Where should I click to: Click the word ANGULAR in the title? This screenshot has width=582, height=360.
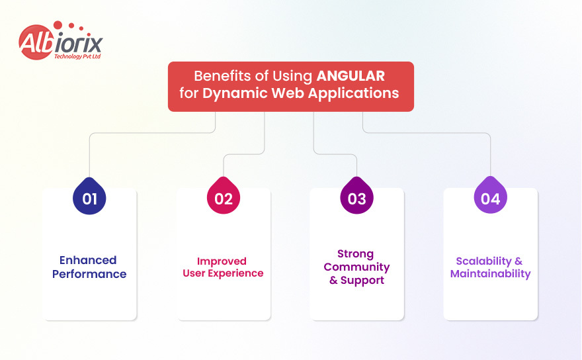pyautogui.click(x=351, y=75)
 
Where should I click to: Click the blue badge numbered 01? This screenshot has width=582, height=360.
pyautogui.click(x=90, y=198)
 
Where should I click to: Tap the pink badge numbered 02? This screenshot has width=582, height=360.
pyautogui.click(x=224, y=198)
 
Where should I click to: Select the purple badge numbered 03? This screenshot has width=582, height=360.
pyautogui.click(x=357, y=198)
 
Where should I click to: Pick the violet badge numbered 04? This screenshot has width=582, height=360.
pyautogui.click(x=491, y=198)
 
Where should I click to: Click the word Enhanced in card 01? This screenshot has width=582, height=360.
pyautogui.click(x=88, y=260)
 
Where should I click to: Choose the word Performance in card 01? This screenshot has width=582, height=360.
pyautogui.click(x=89, y=274)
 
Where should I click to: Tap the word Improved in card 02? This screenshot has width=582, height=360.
pyautogui.click(x=222, y=261)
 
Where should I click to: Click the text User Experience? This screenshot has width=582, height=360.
pyautogui.click(x=223, y=273)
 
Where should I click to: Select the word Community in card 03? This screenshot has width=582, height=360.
pyautogui.click(x=356, y=267)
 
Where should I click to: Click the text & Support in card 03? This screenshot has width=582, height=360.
pyautogui.click(x=356, y=281)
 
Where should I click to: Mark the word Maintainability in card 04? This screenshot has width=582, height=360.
pyautogui.click(x=490, y=274)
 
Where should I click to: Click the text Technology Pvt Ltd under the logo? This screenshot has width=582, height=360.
pyautogui.click(x=76, y=57)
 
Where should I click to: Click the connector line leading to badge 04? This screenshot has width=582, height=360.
pyautogui.click(x=490, y=156)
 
